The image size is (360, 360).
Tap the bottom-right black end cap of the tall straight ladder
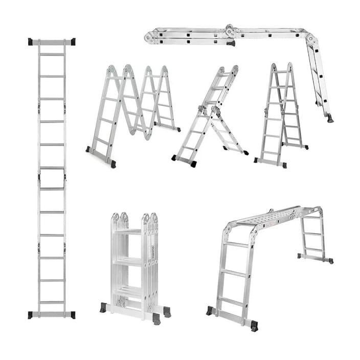pos(72,315)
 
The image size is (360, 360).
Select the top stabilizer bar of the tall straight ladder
pos(52,42)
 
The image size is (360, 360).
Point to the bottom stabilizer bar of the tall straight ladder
pos(52,315)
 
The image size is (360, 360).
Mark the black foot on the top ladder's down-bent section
pos(330,118)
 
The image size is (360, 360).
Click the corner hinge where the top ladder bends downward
pos(309,37)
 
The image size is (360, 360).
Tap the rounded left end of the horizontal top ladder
pos(149,37)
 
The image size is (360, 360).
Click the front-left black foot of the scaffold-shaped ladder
pos(210,310)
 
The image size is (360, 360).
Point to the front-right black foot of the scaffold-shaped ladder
pos(254,326)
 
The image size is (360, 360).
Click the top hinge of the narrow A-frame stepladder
pos(281,67)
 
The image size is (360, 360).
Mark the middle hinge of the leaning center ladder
pos(208,110)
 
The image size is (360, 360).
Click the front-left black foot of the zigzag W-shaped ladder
pos(88,150)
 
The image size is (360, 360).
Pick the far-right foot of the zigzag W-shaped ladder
pos(177,129)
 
